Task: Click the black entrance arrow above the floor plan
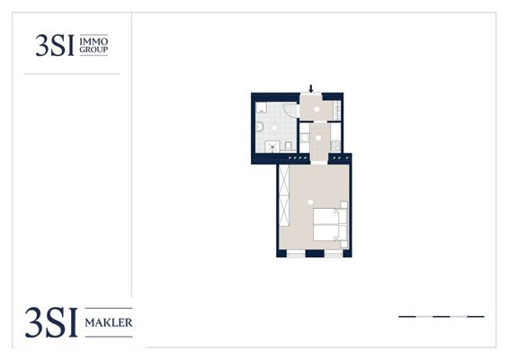311,88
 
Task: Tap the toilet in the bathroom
289,146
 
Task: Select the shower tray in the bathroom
272,147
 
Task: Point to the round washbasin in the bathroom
259,127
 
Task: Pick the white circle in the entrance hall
316,109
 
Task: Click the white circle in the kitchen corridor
318,139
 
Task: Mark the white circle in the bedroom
310,202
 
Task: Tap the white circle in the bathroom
274,128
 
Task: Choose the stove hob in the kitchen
335,145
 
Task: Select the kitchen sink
304,139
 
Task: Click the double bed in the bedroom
331,224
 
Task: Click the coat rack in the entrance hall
337,111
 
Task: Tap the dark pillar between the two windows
315,253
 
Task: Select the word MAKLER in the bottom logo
109,323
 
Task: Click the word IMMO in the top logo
94,41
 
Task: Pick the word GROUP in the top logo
94,49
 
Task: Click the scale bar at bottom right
441,316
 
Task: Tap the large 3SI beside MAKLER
51,322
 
